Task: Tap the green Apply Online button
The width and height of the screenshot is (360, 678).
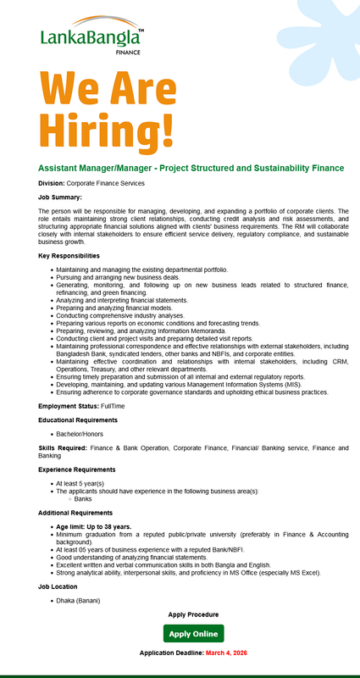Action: (x=193, y=634)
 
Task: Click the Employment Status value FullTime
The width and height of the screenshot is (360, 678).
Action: (x=114, y=407)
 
